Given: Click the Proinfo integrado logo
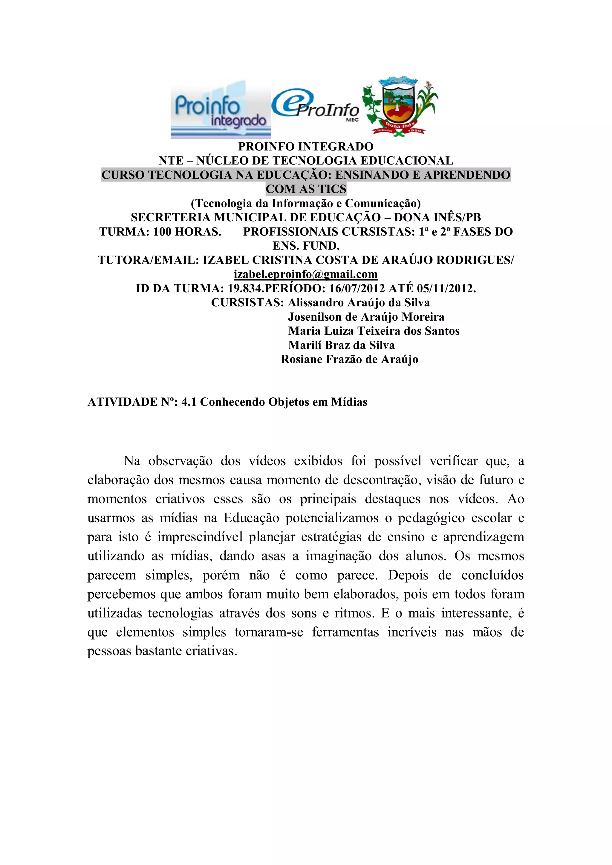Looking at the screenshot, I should (221, 109).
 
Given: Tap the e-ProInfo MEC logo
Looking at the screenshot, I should (316, 106).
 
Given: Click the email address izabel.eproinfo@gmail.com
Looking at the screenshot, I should (306, 274).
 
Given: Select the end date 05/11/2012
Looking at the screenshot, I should (446, 288).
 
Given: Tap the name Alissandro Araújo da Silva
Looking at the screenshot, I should (359, 302).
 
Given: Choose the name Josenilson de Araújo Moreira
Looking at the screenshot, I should (366, 317).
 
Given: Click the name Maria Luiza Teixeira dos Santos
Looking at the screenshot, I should (374, 331).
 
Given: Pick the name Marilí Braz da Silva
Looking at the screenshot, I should (341, 345).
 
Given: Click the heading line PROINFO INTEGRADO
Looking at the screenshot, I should (306, 146).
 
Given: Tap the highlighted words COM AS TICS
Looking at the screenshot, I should (306, 189).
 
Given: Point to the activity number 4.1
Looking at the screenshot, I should (189, 402).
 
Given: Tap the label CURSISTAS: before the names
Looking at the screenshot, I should (247, 302).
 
